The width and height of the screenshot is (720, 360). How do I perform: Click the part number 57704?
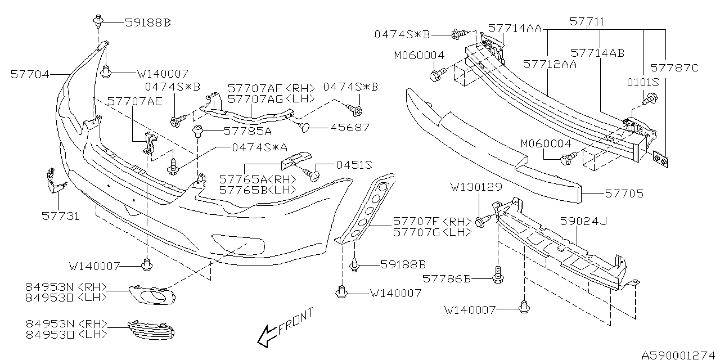tap(30, 74)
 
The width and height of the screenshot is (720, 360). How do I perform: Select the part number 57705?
tap(624, 193)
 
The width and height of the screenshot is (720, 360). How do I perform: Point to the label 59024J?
tap(583, 222)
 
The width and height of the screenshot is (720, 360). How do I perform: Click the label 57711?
tap(587, 22)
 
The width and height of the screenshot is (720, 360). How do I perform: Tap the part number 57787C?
tap(674, 68)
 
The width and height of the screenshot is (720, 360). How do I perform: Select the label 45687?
tap(351, 128)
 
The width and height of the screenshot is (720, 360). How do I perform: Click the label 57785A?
tap(240, 132)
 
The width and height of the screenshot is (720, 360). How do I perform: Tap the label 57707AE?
tap(134, 101)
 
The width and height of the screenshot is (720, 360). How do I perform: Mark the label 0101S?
tap(643, 82)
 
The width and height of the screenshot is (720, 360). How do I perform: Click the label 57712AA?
tap(550, 65)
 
